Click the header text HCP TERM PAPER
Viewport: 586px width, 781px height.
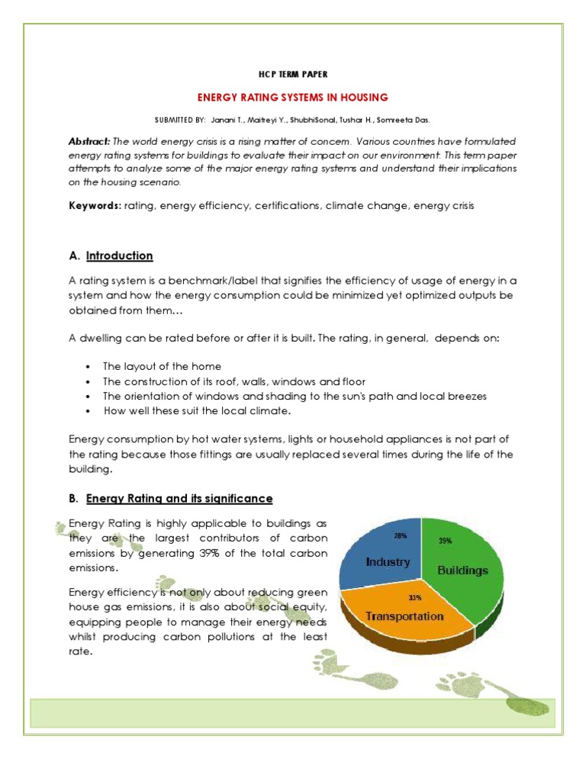pos(293,74)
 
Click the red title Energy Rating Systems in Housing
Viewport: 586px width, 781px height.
pos(293,97)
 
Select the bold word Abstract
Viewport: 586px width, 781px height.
pos(89,142)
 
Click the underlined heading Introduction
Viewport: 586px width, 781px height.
pos(119,256)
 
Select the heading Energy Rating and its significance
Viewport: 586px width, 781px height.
pos(179,498)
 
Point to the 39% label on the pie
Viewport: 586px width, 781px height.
pos(445,540)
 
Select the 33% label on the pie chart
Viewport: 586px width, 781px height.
pos(414,597)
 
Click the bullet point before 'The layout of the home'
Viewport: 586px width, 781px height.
pos(89,367)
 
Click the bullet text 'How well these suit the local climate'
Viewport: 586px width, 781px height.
pos(198,410)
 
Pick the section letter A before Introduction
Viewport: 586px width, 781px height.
pos(74,256)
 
